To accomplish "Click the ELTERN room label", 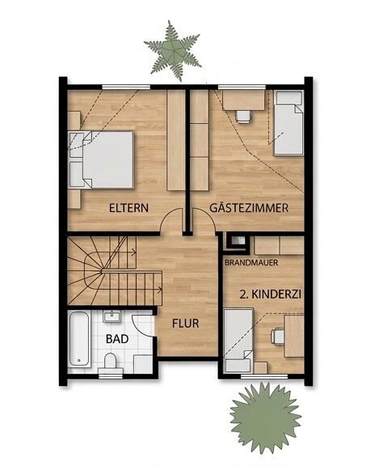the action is point(129,208).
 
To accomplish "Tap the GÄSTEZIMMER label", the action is point(249,207).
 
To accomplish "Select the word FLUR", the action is point(186,324).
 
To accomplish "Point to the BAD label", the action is point(117,339).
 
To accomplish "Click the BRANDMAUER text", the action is point(251,263).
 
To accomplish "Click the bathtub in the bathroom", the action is point(79,339).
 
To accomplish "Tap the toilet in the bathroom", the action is point(110,363).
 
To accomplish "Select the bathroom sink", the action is point(112,316).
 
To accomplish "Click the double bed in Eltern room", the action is point(102,159).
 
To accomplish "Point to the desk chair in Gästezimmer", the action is point(243,116).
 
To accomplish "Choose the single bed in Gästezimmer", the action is point(289,123).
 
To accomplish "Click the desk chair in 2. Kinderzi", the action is point(278,337).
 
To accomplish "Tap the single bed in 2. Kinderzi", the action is point(238,341).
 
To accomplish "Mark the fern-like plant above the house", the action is point(172,50).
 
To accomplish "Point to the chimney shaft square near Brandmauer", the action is point(237,242).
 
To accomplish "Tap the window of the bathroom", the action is point(111,376).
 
